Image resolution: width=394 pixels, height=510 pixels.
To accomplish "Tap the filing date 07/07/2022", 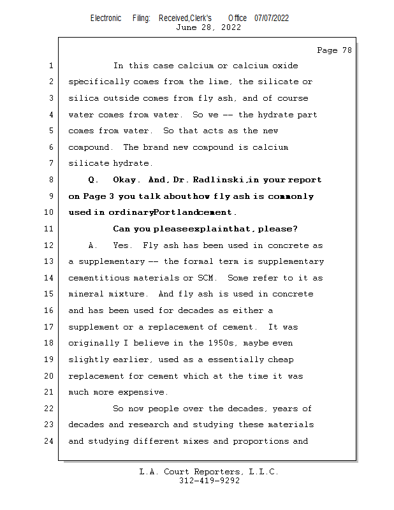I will (272, 18).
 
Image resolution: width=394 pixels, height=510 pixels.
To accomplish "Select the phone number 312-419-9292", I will (209, 481).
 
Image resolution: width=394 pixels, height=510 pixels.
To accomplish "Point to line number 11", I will (50, 229).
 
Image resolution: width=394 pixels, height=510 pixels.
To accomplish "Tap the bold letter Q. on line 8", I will (93, 180).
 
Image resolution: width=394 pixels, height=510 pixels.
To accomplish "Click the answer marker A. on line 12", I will (93, 245).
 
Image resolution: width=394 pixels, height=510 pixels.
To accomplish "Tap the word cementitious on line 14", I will (99, 278).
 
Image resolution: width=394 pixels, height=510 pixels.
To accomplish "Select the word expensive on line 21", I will (144, 392).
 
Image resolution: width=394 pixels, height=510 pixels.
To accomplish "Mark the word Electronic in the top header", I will (106, 18).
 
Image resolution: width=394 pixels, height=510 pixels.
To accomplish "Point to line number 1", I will (50, 66).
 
